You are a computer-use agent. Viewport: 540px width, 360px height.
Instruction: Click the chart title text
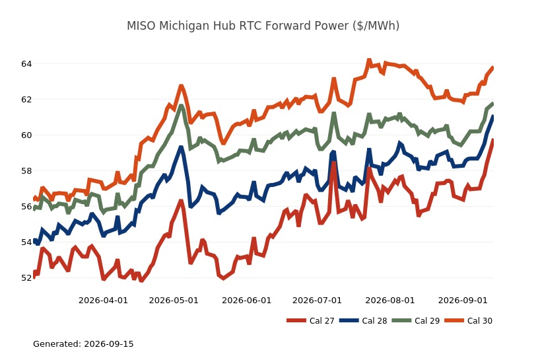click(263, 26)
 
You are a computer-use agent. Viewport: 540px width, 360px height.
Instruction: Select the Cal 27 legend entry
click(310, 321)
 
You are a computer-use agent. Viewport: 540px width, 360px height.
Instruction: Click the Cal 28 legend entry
click(363, 321)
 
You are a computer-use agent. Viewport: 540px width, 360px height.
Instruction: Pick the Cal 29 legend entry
click(416, 321)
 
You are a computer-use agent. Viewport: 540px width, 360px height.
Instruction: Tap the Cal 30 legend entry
click(468, 321)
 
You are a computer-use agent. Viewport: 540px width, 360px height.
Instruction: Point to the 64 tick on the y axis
click(26, 63)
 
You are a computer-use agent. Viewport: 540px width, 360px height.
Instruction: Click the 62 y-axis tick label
click(26, 99)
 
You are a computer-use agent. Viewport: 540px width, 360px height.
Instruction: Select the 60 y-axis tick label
click(26, 135)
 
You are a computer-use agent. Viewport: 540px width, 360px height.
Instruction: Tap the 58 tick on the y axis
click(26, 170)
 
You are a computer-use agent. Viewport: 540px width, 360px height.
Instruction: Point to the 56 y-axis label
click(26, 206)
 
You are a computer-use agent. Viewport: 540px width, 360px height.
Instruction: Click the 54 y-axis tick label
click(26, 242)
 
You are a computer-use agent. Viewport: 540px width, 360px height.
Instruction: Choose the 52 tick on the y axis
click(26, 277)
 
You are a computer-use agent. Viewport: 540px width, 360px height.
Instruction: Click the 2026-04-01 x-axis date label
click(104, 301)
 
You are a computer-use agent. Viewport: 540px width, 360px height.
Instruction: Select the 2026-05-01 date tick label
click(174, 301)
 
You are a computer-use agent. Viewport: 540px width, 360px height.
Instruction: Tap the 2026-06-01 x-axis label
click(247, 301)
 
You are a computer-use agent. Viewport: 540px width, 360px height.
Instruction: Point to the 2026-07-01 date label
click(317, 301)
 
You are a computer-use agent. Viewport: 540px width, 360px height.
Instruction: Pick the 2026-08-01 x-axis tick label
click(390, 301)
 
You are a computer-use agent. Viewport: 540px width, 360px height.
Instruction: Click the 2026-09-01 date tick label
click(463, 301)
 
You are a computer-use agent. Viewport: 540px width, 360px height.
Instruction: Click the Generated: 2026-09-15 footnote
click(83, 343)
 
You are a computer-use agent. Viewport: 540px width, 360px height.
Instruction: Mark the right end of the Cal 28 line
click(493, 116)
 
